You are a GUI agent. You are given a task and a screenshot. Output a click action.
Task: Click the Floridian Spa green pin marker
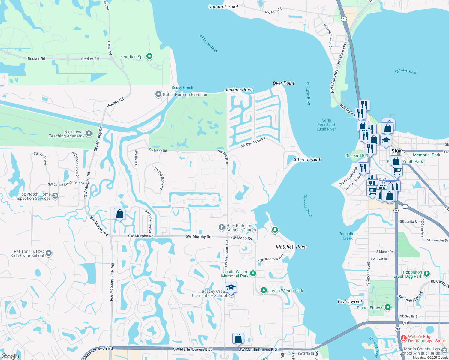[x=149, y=56]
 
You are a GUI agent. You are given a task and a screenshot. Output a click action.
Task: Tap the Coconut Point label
[x=223, y=7]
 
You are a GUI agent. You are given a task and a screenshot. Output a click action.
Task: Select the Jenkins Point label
[x=239, y=90]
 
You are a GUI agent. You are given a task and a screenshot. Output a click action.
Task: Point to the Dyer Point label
[x=283, y=83]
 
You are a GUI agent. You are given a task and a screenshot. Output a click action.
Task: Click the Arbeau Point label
[x=306, y=160]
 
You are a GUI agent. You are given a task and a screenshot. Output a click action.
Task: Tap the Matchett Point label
[x=291, y=247]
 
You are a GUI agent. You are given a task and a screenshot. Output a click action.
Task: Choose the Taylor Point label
[x=350, y=301]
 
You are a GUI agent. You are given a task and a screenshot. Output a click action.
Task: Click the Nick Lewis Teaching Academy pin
[x=89, y=133]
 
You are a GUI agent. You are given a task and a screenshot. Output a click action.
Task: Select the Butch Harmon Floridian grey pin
[x=158, y=94]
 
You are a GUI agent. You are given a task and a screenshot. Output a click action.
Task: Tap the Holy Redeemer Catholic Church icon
[x=221, y=227]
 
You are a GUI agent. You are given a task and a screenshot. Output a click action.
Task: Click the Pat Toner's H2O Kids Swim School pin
[x=49, y=253]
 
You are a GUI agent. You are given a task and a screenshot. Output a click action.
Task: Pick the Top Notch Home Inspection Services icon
[x=55, y=196]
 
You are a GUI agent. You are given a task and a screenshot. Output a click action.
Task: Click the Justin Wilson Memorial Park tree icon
[x=253, y=273]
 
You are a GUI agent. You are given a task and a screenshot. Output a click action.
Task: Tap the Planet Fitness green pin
[x=388, y=307]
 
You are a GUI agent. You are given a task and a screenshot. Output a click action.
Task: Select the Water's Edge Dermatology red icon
[x=404, y=338]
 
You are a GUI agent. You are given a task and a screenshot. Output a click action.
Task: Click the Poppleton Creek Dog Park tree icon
[x=426, y=274]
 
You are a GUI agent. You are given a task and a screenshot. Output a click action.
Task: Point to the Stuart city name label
[x=398, y=151]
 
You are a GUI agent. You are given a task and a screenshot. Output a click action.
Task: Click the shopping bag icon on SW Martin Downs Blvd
[x=238, y=338]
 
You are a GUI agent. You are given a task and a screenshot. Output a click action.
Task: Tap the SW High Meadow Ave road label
[x=112, y=282]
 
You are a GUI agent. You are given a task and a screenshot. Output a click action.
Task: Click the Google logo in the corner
[x=10, y=356]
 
